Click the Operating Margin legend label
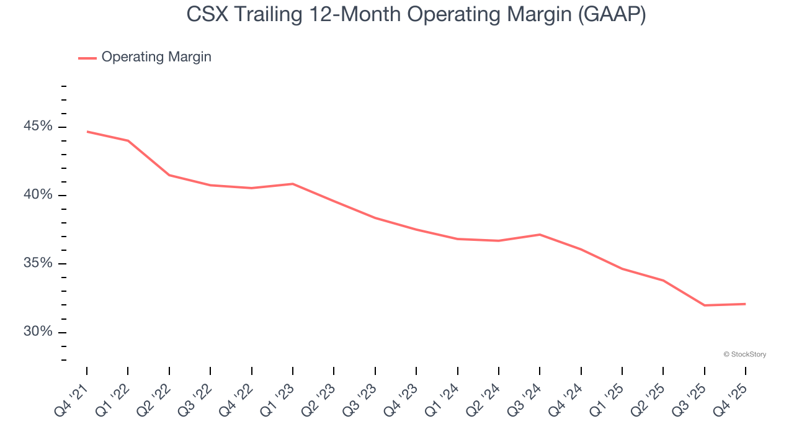pos(156,57)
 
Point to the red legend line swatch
pos(87,58)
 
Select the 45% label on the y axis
pos(38,127)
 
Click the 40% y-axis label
pos(38,195)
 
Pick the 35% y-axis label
pos(38,263)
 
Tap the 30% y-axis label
pos(38,332)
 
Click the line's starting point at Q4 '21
pos(87,132)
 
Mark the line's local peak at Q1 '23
pos(293,184)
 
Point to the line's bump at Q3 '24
pos(540,235)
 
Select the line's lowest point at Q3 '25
pos(704,305)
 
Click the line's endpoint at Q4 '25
pos(745,304)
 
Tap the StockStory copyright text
pos(744,354)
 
